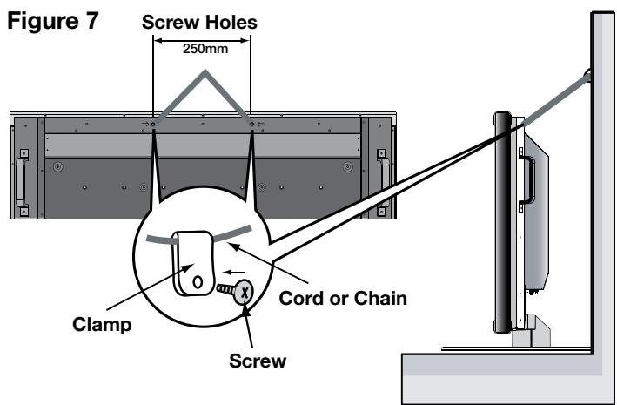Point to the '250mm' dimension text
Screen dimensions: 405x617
[201, 51]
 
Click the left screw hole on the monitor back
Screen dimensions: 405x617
[153, 125]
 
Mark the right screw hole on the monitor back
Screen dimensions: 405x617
[251, 125]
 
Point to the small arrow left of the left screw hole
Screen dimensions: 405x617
[144, 125]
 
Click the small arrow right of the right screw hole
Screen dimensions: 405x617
[261, 125]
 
